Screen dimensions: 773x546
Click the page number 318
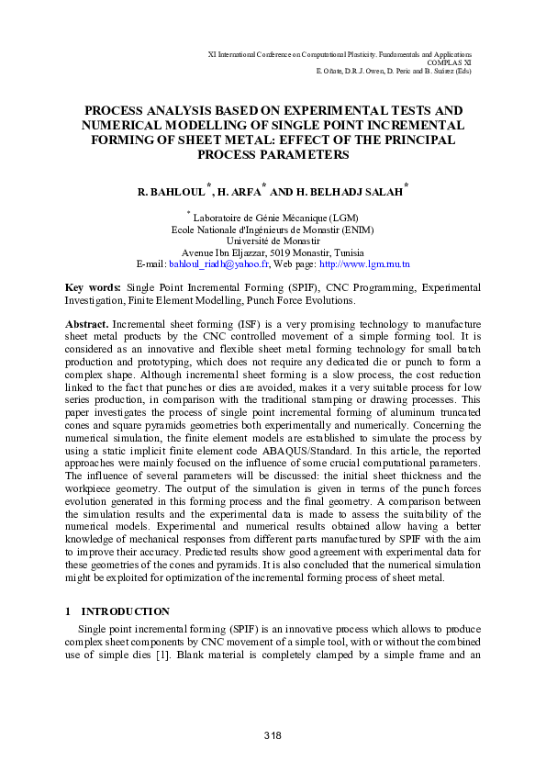point(273,736)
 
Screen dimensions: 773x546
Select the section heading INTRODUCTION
point(125,611)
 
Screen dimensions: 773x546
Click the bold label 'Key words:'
point(93,288)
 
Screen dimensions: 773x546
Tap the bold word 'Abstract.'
point(87,325)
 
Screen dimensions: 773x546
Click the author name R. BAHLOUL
point(171,194)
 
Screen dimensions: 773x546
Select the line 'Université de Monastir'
point(273,241)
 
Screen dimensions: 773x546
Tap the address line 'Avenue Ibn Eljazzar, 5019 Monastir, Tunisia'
point(273,252)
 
